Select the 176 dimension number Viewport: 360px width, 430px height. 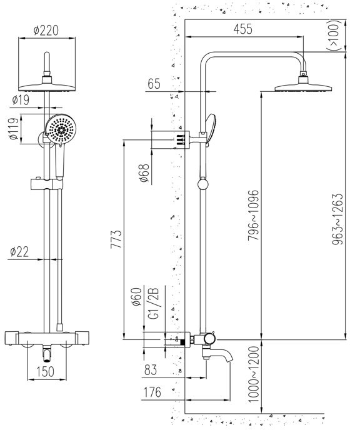pyautogui.click(x=153, y=392)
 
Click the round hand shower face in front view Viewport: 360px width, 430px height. pyautogui.click(x=61, y=130)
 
